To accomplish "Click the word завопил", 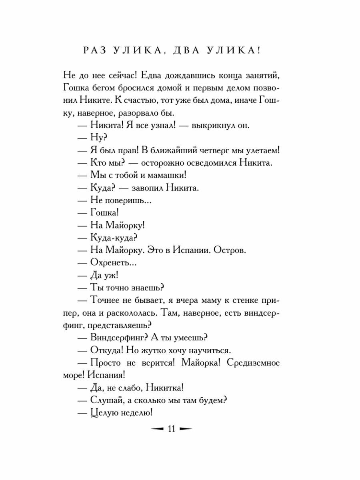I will [151, 188].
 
